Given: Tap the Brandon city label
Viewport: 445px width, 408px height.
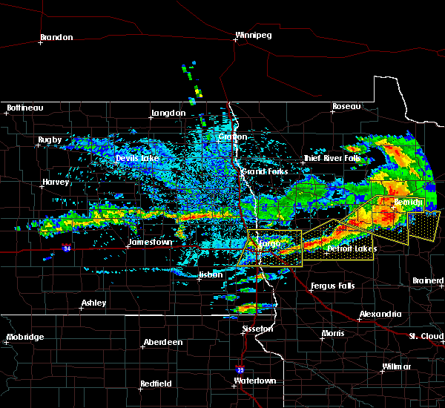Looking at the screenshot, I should pos(56,37).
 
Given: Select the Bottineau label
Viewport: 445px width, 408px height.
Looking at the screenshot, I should pos(25,108).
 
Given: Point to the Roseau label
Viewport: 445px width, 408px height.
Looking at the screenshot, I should pos(346,107).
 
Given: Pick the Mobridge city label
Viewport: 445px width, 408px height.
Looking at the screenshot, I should pos(24,337).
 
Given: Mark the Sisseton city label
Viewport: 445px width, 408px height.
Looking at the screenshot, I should pos(258,328).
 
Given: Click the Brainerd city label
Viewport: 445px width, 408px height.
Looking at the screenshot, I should pos(428,280).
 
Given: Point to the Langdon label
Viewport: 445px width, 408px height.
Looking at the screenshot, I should pos(168,113).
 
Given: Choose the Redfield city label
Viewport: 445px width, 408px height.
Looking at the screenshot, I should pos(157,384).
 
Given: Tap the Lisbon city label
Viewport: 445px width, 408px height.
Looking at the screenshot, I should pos(211,275).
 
